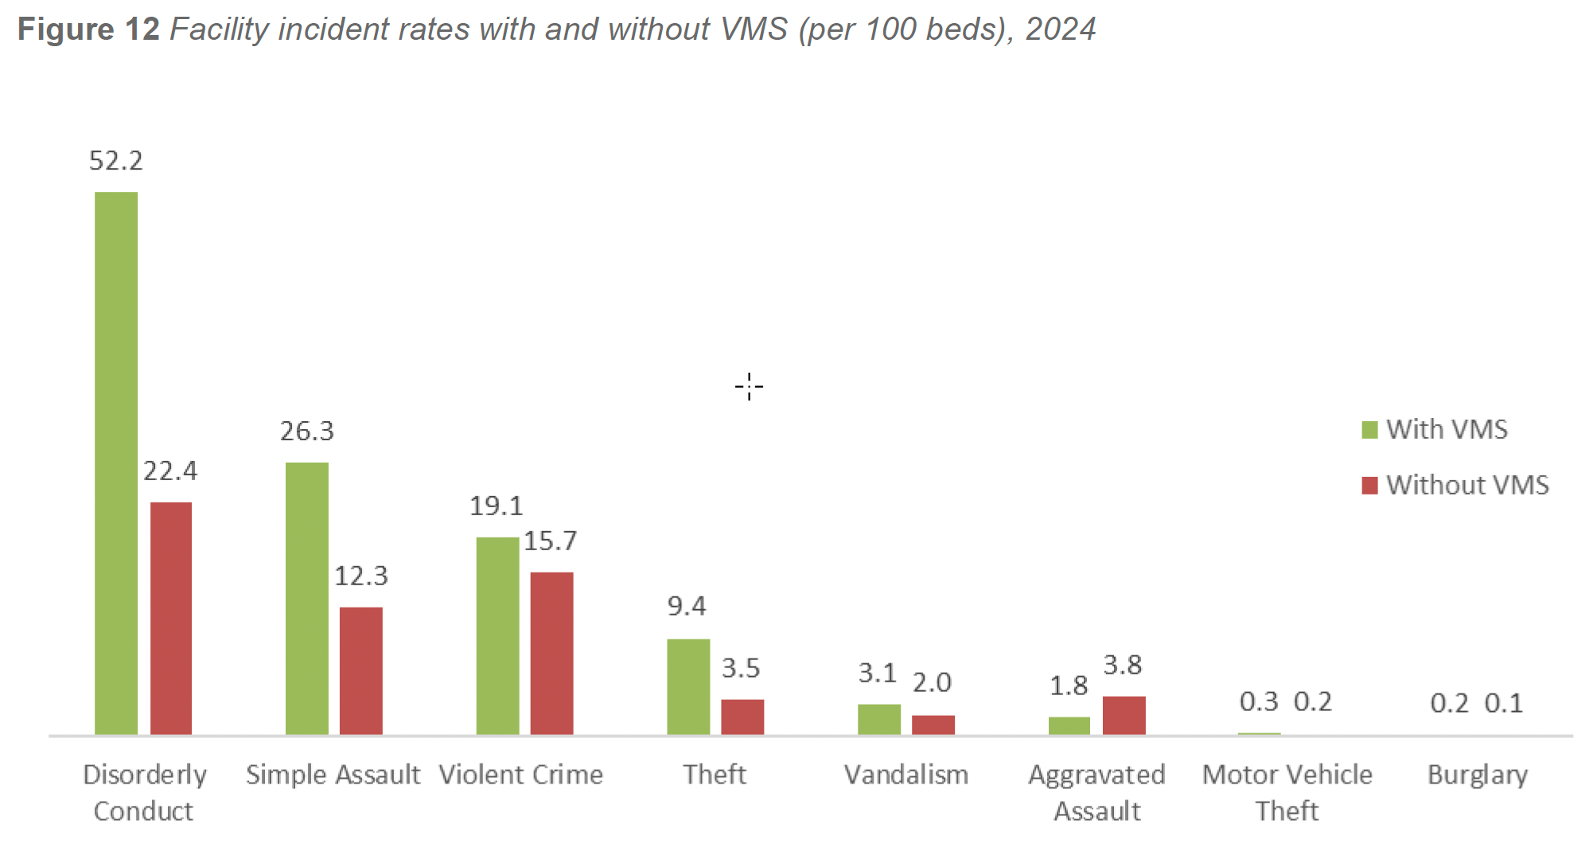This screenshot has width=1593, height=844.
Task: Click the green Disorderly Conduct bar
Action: click(x=116, y=463)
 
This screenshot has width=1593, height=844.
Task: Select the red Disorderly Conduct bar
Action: click(x=171, y=618)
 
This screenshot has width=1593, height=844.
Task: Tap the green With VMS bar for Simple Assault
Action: click(x=307, y=598)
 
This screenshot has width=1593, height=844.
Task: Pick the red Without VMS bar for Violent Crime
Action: click(x=551, y=653)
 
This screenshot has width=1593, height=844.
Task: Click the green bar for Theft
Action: click(x=688, y=686)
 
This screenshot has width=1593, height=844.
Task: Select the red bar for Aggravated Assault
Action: click(x=1124, y=715)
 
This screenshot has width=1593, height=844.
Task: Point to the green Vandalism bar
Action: click(x=879, y=719)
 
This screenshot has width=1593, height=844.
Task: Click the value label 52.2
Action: click(x=116, y=161)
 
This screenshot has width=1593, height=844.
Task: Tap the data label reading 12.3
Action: click(x=361, y=576)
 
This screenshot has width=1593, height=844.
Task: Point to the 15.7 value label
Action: click(x=551, y=541)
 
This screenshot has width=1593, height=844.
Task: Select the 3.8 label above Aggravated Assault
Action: click(x=1123, y=665)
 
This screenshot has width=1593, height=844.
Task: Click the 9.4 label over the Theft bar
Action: click(x=687, y=606)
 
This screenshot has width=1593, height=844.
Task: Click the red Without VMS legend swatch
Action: click(x=1369, y=486)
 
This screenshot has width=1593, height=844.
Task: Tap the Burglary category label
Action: click(x=1478, y=775)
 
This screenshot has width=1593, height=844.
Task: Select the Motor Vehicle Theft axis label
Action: click(x=1287, y=791)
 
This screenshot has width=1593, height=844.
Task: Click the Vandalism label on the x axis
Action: click(x=906, y=775)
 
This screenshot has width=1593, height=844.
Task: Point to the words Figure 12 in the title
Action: click(x=88, y=29)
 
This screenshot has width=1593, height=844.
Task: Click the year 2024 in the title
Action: click(x=1061, y=29)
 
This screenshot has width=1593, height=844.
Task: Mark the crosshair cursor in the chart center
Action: click(x=749, y=387)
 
